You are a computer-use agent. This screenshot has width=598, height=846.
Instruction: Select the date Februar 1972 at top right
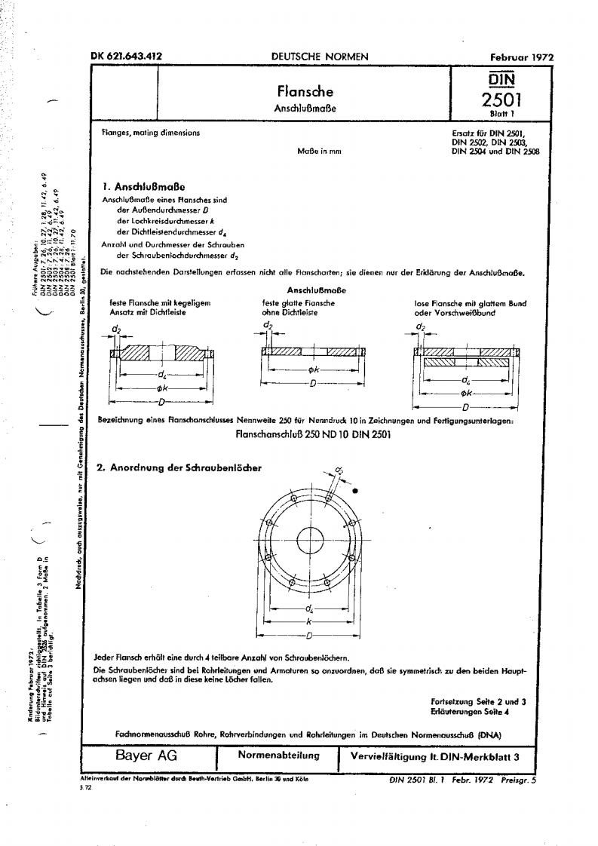coord(522,57)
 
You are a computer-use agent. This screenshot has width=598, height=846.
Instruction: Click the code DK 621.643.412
coord(126,56)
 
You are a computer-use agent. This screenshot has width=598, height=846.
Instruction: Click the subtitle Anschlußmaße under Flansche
coord(304,108)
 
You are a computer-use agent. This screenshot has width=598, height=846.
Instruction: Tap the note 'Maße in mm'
coord(320,152)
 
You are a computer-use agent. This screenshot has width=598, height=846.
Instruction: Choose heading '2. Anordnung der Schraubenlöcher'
coord(179,467)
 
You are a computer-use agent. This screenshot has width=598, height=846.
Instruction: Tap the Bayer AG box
coord(146,756)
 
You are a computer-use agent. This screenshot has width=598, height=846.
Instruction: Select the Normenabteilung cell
coord(278,756)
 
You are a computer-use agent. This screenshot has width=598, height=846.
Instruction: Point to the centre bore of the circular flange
coord(309,541)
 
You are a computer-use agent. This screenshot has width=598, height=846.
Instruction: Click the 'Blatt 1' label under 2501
coord(496,115)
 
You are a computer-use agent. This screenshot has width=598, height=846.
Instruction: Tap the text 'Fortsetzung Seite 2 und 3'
coord(477,701)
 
